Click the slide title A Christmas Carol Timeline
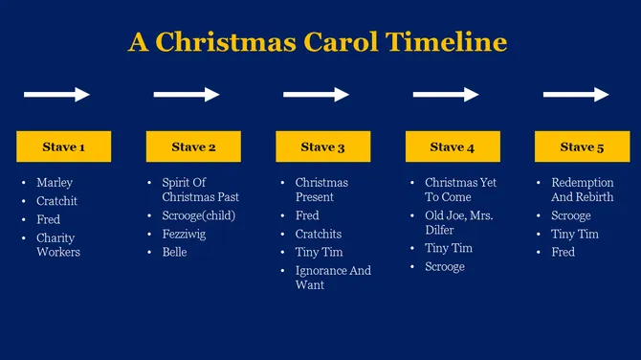pos(317,43)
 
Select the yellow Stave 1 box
pos(64,146)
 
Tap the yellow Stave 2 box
pos(193,146)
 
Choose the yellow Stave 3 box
pos(322,146)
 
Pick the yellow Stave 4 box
pos(453,146)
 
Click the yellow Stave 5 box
pos(582,146)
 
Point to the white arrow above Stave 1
pos(56,94)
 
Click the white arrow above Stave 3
pos(317,94)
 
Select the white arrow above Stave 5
pos(576,94)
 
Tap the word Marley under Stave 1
pos(55,182)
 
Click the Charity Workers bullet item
pos(58,245)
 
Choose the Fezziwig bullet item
pos(184,234)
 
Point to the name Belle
pos(174,252)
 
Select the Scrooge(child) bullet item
pos(199,215)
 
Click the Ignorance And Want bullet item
pos(332,278)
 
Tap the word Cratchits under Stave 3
pos(319,234)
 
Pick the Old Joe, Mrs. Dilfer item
pos(458,222)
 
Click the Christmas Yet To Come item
pos(460,190)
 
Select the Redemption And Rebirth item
pos(583,190)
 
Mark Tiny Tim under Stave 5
pos(574,234)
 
